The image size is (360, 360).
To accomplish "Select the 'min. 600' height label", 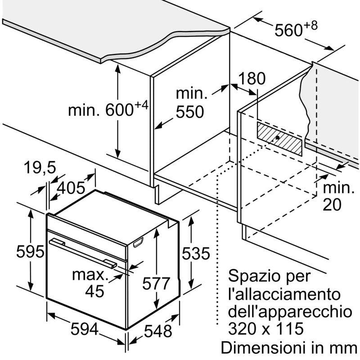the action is (x=108, y=109).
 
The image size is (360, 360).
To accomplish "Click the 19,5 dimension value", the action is (x=39, y=168).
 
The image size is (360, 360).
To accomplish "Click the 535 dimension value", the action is (x=195, y=254).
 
